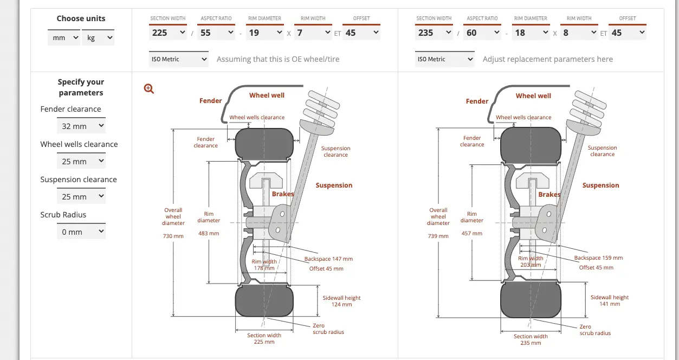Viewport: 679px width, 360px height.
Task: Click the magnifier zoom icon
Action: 148,88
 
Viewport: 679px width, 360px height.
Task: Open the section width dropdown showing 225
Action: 168,33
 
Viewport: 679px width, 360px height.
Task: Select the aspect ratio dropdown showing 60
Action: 482,33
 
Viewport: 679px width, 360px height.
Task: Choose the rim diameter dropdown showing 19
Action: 264,33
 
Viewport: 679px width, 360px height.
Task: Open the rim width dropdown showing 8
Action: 579,33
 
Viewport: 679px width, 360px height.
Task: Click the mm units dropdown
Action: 64,37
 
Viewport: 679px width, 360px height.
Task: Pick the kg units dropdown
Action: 98,37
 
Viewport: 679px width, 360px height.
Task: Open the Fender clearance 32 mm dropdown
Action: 81,126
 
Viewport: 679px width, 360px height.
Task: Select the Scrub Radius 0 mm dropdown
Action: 81,232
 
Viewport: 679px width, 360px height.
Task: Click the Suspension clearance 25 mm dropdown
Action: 81,196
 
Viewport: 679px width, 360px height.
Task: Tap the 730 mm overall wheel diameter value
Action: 173,236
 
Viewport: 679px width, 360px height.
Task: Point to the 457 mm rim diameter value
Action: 471,233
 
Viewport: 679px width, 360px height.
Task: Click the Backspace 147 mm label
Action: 328,259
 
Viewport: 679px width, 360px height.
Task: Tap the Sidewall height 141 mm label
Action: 610,300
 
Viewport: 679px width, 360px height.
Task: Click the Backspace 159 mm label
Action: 598,258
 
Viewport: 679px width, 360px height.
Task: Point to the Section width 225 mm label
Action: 264,338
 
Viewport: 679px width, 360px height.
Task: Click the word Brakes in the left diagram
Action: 283,194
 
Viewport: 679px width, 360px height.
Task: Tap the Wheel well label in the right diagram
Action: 533,96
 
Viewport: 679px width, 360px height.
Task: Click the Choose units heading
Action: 81,18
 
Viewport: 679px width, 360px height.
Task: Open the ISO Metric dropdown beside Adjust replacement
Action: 445,59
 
